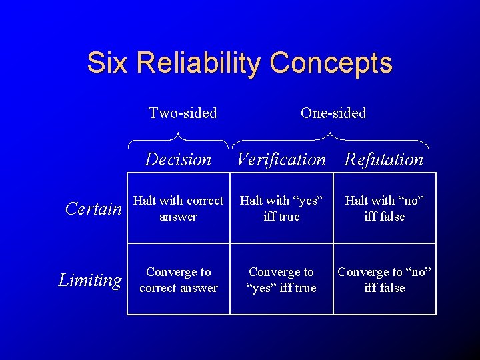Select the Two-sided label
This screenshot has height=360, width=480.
(183, 113)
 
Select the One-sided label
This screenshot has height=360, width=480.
(333, 113)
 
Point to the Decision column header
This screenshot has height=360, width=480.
(178, 159)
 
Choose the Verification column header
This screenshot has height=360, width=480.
(281, 159)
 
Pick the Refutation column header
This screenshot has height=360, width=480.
(384, 159)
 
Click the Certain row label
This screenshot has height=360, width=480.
(94, 209)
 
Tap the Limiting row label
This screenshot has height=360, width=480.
(90, 280)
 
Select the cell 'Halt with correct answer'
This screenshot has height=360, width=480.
(178, 208)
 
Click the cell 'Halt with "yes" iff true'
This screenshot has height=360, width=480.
(281, 208)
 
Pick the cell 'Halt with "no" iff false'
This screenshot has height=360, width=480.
(385, 208)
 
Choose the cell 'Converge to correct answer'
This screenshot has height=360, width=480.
(178, 280)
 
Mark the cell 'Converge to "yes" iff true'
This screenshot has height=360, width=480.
(281, 280)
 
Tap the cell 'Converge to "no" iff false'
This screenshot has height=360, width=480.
(385, 280)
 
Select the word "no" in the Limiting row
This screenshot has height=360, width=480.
(418, 272)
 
